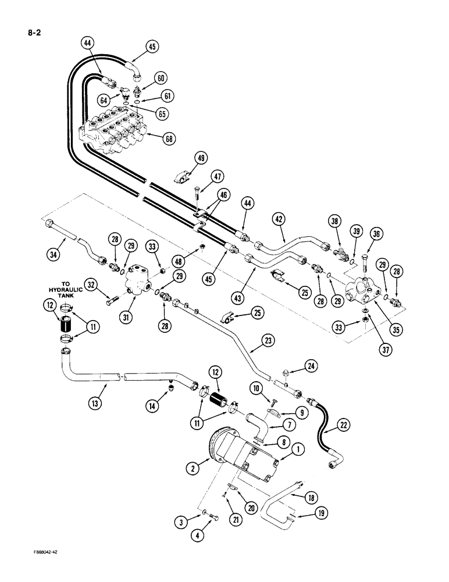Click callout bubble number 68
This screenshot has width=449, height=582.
[x=168, y=138]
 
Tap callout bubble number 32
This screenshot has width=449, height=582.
[x=90, y=284]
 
